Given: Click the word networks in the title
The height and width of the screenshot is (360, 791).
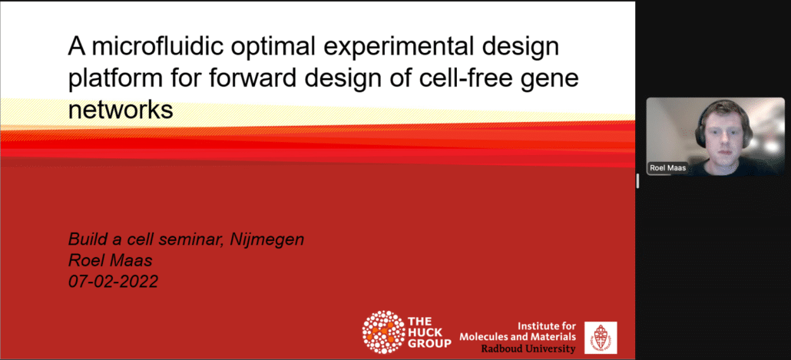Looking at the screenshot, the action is click(x=121, y=110).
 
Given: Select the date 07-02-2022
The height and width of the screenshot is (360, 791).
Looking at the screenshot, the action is click(x=113, y=281).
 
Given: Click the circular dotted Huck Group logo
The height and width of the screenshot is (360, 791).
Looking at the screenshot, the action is click(x=383, y=332).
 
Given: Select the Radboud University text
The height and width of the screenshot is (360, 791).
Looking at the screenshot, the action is click(x=528, y=348).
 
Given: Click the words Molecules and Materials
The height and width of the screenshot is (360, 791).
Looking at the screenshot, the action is click(x=518, y=337).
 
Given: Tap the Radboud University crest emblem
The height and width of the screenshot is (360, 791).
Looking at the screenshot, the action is click(x=601, y=337).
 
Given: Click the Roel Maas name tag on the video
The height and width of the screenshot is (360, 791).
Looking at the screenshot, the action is click(x=667, y=168).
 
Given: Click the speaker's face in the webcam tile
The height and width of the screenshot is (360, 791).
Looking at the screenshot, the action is click(x=723, y=134).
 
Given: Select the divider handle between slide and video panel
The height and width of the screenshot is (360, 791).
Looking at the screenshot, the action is click(x=637, y=180).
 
